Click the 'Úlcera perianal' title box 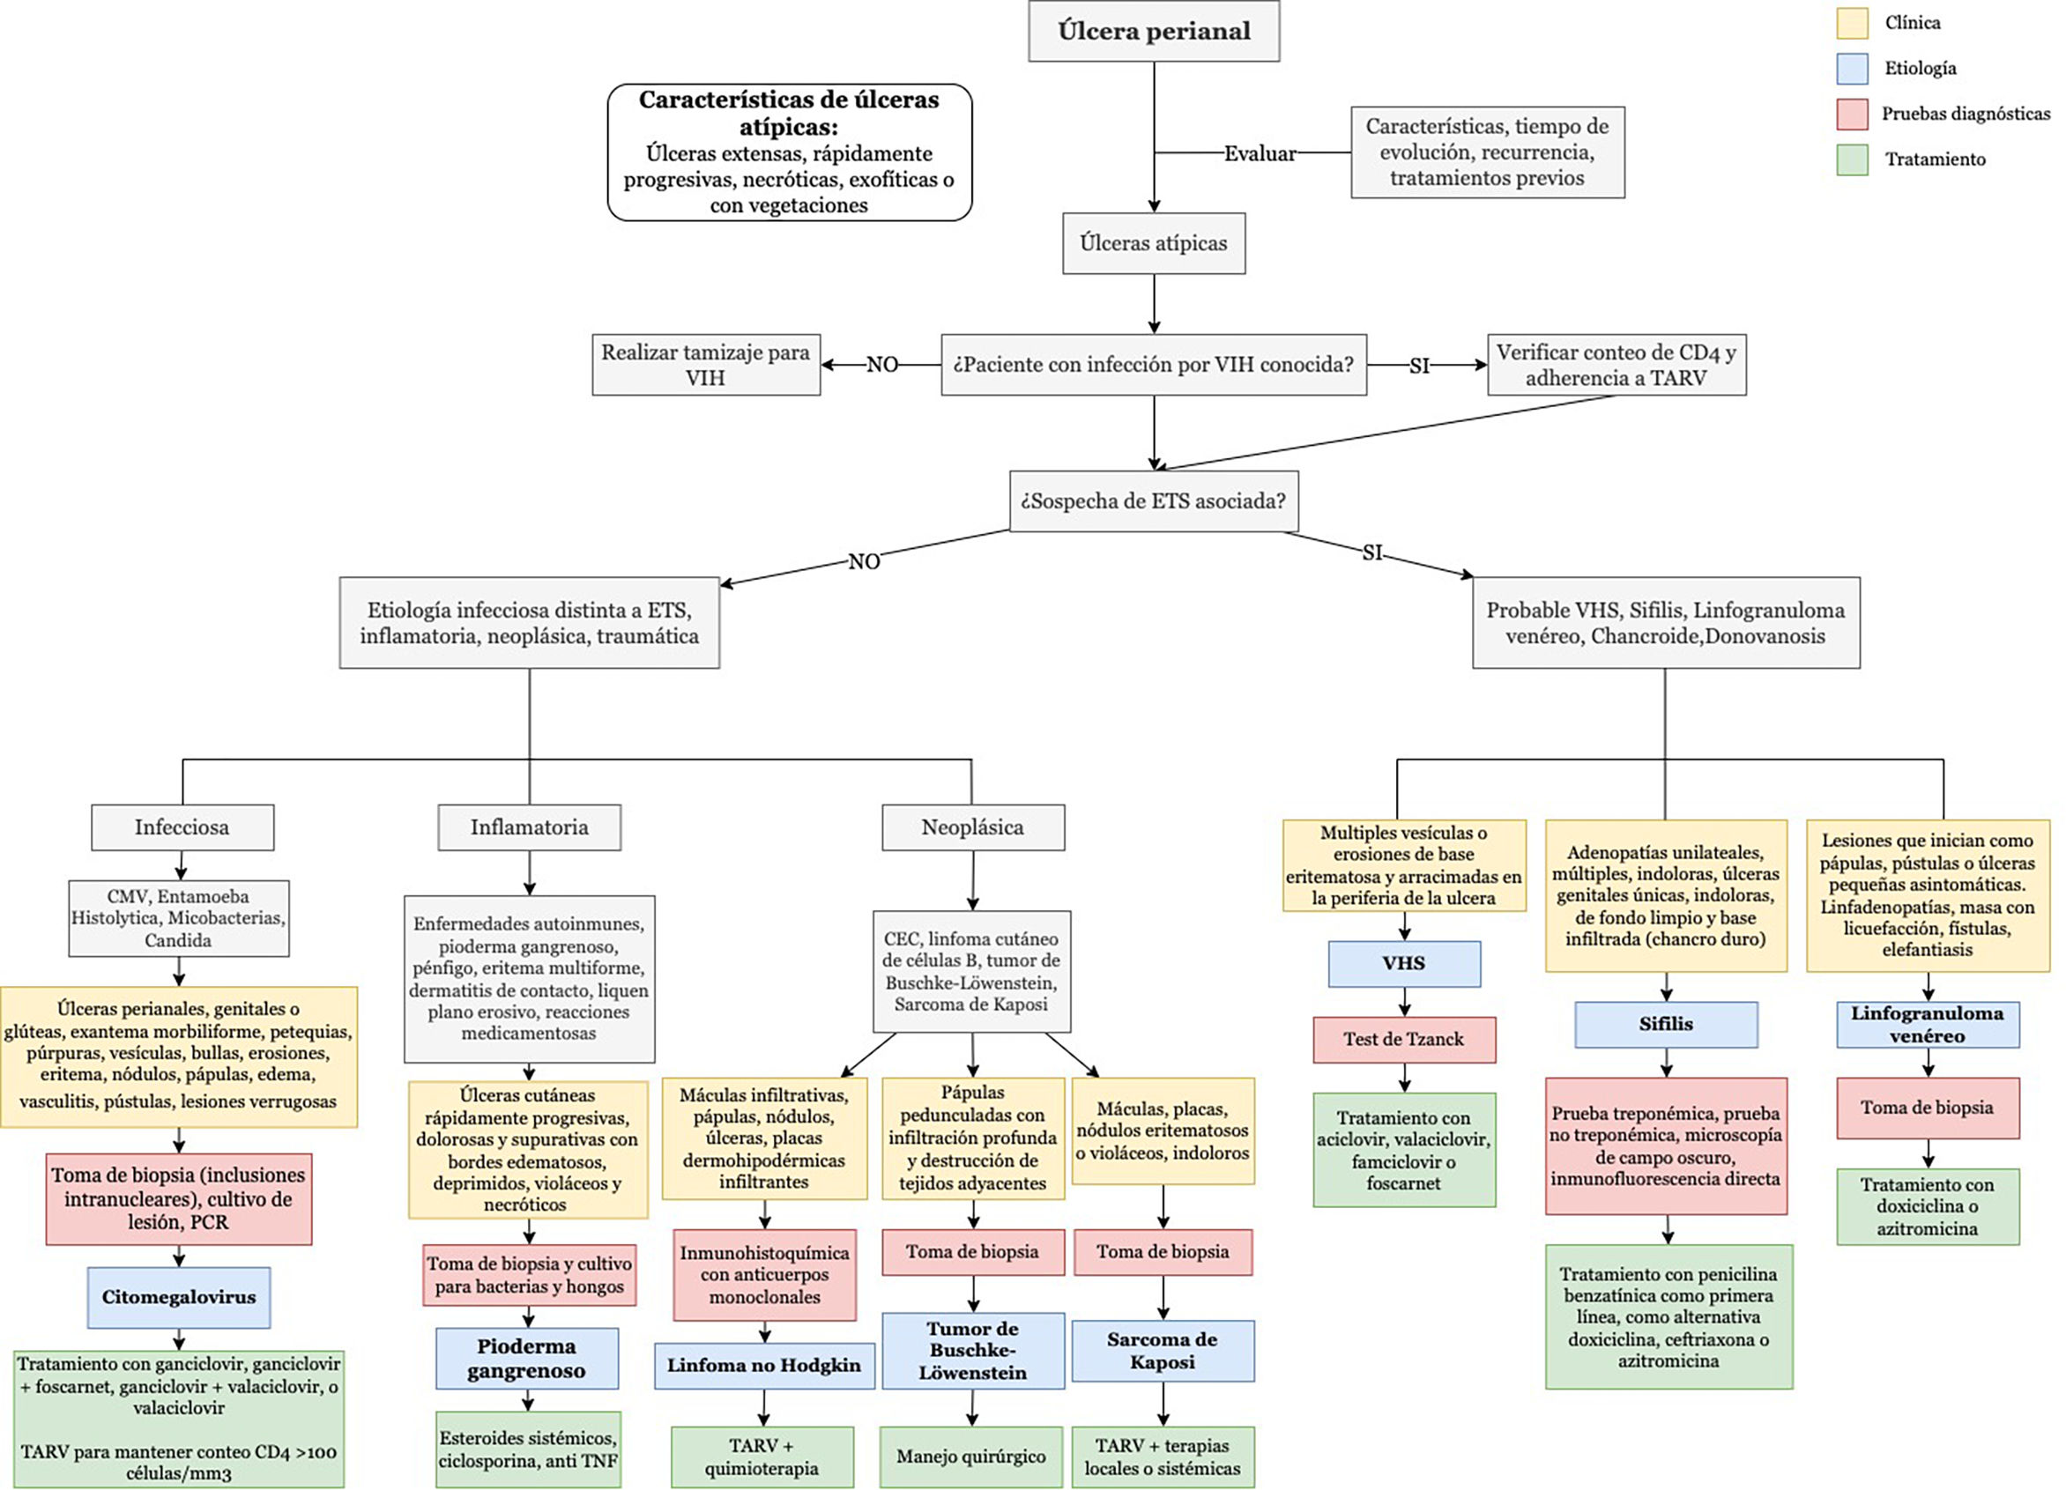1153,31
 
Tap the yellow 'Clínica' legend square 1852,23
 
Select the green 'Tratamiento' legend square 1852,159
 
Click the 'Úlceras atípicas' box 1153,243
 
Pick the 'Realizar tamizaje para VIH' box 705,364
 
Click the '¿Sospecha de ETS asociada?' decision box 1153,500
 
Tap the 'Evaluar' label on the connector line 1260,153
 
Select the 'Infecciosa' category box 182,827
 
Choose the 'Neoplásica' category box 972,827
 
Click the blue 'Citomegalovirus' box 179,1297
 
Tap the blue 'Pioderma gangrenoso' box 526,1358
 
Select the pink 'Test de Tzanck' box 1404,1039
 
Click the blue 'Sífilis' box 1665,1024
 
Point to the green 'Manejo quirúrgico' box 971,1457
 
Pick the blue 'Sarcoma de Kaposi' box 1163,1351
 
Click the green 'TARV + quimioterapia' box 762,1457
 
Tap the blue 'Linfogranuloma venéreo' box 1927,1024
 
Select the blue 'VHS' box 1404,964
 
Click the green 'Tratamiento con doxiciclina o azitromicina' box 1927,1206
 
